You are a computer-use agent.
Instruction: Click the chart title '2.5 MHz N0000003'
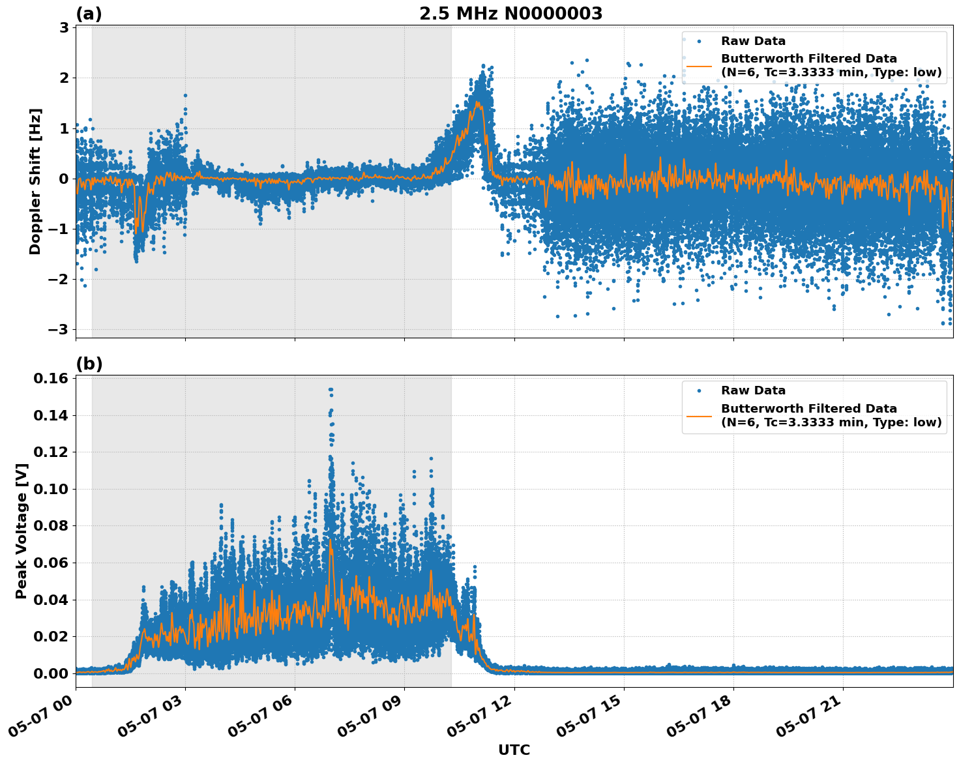[x=510, y=14]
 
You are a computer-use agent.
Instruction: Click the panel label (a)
[x=89, y=14]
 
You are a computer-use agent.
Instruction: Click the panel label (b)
[x=89, y=364]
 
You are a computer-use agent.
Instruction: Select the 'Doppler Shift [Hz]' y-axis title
[x=35, y=181]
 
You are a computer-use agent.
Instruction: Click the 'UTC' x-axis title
[x=514, y=750]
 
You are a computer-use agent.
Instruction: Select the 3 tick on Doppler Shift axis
[x=64, y=27]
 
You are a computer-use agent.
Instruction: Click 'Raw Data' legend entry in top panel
[x=753, y=41]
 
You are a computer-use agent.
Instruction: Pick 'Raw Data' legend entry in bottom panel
[x=753, y=390]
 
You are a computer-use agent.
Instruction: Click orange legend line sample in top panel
[x=699, y=66]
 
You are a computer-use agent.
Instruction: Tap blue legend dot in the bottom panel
[x=699, y=390]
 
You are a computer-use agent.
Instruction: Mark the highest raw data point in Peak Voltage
[x=331, y=390]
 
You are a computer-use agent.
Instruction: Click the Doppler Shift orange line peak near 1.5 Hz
[x=478, y=102]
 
